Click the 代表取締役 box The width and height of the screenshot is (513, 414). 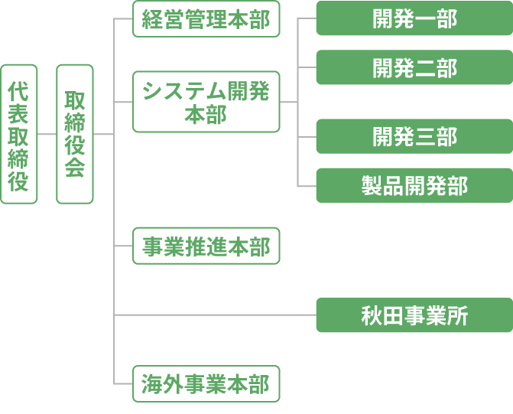[x=19, y=134]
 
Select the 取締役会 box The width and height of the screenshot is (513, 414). [x=74, y=134]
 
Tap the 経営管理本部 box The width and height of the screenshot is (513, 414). [x=206, y=19]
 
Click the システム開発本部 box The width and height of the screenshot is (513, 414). [x=206, y=102]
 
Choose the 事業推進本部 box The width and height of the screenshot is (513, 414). [x=206, y=247]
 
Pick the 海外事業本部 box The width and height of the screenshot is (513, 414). [x=206, y=384]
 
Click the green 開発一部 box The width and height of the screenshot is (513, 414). [x=414, y=19]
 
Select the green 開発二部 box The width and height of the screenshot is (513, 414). [x=414, y=67]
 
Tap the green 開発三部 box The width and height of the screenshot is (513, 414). [x=414, y=136]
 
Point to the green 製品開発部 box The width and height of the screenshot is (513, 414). [x=414, y=185]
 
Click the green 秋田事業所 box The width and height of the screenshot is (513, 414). [x=414, y=315]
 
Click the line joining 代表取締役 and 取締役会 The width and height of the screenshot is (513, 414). [x=47, y=134]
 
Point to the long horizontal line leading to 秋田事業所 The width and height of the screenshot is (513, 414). [x=214, y=315]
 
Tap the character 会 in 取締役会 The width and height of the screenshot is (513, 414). [x=74, y=168]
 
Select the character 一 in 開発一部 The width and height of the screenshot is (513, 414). [x=425, y=19]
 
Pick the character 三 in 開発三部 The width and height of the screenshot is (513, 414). [x=425, y=136]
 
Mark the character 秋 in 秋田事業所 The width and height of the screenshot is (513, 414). [x=372, y=315]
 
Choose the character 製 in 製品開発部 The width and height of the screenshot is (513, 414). [x=372, y=185]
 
